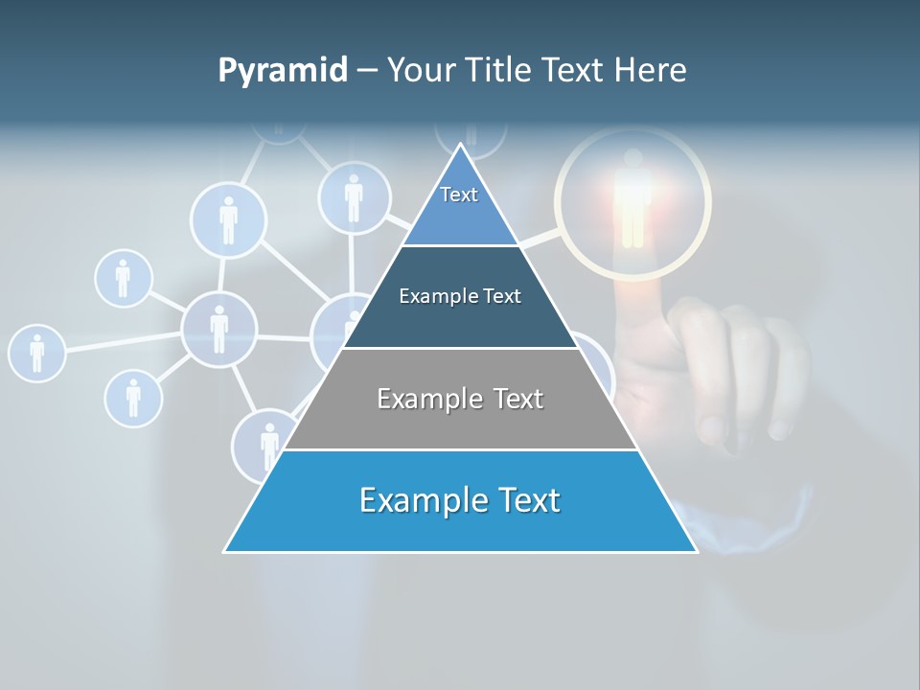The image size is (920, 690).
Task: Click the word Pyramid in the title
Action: pyautogui.click(x=283, y=71)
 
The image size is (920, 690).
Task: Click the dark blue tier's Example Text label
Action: pyautogui.click(x=460, y=296)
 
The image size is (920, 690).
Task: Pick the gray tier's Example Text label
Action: pyautogui.click(x=460, y=399)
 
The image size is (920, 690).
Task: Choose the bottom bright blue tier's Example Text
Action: pyautogui.click(x=460, y=500)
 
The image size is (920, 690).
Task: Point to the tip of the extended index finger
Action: pyautogui.click(x=630, y=292)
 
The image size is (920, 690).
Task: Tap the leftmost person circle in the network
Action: pyautogui.click(x=36, y=353)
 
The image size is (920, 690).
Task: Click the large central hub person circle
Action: pyautogui.click(x=219, y=329)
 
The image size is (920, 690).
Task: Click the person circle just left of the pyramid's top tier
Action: pyautogui.click(x=354, y=198)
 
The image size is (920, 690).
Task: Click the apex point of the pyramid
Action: pyautogui.click(x=461, y=145)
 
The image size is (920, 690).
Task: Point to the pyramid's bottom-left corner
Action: pyautogui.click(x=225, y=551)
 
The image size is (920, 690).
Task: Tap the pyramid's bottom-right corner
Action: pyautogui.click(x=696, y=551)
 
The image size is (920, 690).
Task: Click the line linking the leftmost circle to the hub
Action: pyautogui.click(x=123, y=341)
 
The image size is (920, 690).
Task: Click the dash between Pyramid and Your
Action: pyautogui.click(x=367, y=71)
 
